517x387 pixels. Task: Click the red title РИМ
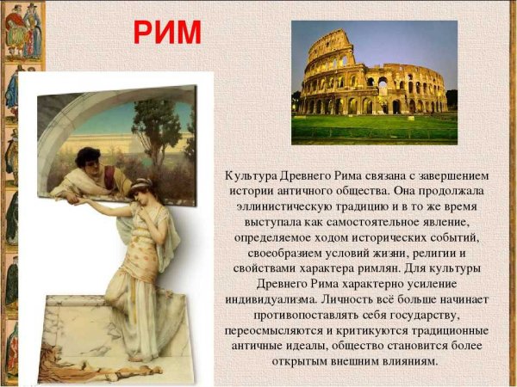[167, 33]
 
